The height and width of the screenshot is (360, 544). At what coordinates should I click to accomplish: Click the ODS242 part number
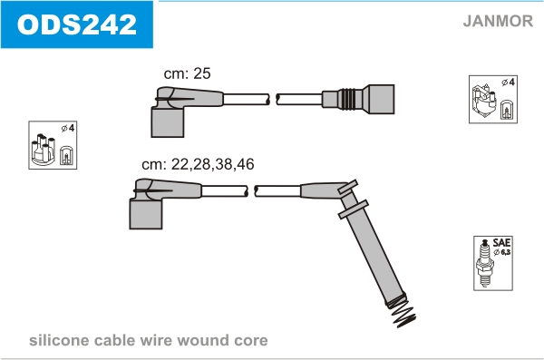pyautogui.click(x=77, y=24)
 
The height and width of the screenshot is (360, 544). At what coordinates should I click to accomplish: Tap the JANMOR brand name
pyautogui.click(x=498, y=21)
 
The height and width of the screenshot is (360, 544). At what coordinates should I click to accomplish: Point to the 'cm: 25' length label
pyautogui.click(x=187, y=73)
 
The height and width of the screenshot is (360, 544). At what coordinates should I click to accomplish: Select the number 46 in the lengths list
pyautogui.click(x=246, y=164)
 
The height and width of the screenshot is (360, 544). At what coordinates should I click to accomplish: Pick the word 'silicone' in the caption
pyautogui.click(x=59, y=340)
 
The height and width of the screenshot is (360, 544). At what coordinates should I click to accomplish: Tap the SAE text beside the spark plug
pyautogui.click(x=501, y=242)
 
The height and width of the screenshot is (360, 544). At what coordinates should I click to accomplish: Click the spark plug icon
pyautogui.click(x=485, y=263)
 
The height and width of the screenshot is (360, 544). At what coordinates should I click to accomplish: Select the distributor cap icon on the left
pyautogui.click(x=43, y=149)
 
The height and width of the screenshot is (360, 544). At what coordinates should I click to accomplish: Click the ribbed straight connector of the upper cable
pyautogui.click(x=358, y=99)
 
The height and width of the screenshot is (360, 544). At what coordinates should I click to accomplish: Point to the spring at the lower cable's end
pyautogui.click(x=403, y=311)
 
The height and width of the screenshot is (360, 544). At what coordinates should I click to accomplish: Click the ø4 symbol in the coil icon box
pyautogui.click(x=508, y=83)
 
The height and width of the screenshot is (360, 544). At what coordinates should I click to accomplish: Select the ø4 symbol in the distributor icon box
pyautogui.click(x=68, y=128)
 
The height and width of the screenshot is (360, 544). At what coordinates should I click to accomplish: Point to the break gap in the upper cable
pyautogui.click(x=273, y=99)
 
